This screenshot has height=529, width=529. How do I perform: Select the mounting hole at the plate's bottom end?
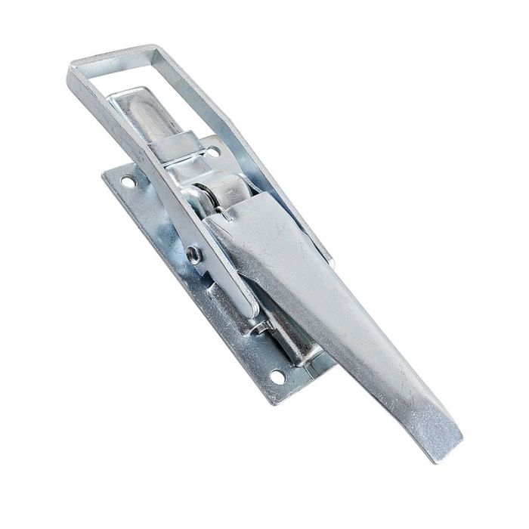(277, 375)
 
